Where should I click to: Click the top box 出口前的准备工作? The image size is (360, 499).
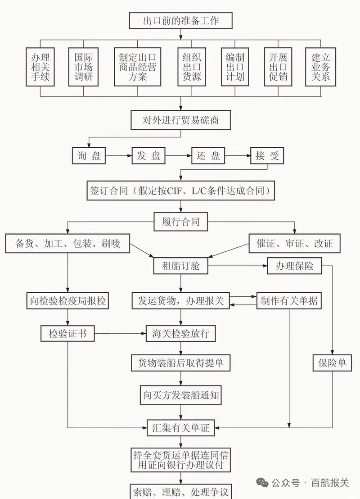tap(180, 20)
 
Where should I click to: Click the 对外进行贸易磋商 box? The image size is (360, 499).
tap(180, 120)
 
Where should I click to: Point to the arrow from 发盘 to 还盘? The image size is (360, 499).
tap(178, 156)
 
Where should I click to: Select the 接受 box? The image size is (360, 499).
tap(267, 156)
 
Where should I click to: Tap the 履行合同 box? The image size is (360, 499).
tap(180, 221)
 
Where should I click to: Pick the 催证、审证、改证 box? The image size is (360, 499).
tap(294, 244)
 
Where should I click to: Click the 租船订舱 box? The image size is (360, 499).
tap(180, 266)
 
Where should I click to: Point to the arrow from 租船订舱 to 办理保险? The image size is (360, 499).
tap(237, 266)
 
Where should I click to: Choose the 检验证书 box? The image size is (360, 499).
tap(68, 334)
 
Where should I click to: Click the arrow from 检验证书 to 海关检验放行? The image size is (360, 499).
tap(120, 334)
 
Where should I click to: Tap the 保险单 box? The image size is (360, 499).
tap(333, 363)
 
